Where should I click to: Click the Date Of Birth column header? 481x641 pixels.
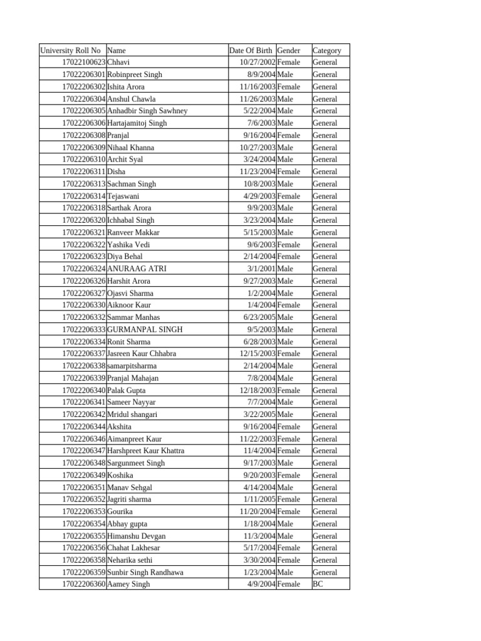(251, 51)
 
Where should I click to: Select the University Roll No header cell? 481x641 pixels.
(70, 51)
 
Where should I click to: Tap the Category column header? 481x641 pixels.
(327, 51)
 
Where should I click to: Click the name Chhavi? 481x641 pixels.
(119, 63)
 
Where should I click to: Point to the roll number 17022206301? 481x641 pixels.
(84, 74)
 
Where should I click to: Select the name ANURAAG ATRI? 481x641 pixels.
(137, 269)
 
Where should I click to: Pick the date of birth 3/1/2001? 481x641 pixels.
(261, 269)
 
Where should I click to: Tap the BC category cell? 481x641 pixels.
(318, 585)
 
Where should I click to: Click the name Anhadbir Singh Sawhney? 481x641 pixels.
(148, 111)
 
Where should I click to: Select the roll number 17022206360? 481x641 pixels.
(84, 585)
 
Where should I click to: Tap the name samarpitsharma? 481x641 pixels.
(132, 366)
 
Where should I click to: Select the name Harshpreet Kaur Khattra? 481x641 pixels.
(146, 451)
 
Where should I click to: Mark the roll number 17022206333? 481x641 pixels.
(84, 329)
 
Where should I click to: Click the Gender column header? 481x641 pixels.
(289, 51)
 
